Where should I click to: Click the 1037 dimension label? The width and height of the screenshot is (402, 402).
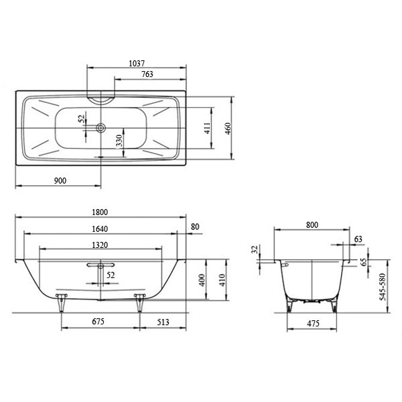[x=137, y=64]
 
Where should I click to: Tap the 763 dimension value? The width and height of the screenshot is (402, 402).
[x=147, y=74]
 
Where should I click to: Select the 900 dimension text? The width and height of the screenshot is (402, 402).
[x=60, y=181]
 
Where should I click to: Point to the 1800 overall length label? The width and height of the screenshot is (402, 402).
[x=100, y=212]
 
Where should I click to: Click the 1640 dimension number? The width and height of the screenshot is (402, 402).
[x=100, y=229]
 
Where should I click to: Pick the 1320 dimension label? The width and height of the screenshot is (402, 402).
[x=100, y=245]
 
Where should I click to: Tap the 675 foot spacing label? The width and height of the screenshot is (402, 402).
[x=98, y=322]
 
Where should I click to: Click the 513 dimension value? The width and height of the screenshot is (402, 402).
[x=163, y=322]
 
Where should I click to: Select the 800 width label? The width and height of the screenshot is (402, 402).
[x=312, y=225]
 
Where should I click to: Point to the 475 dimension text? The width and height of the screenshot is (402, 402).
[x=313, y=324]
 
